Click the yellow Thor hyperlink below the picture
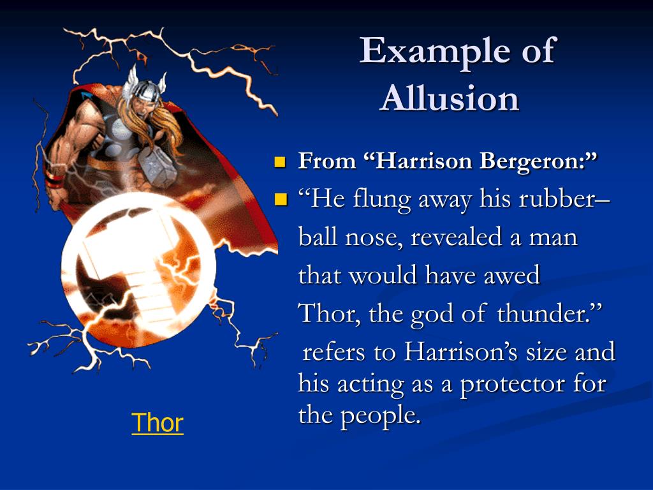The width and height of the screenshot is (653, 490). (158, 423)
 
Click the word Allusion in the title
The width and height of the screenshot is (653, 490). (450, 99)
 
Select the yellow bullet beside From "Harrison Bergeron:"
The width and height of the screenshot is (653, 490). (279, 161)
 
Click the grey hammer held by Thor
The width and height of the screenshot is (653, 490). (156, 165)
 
